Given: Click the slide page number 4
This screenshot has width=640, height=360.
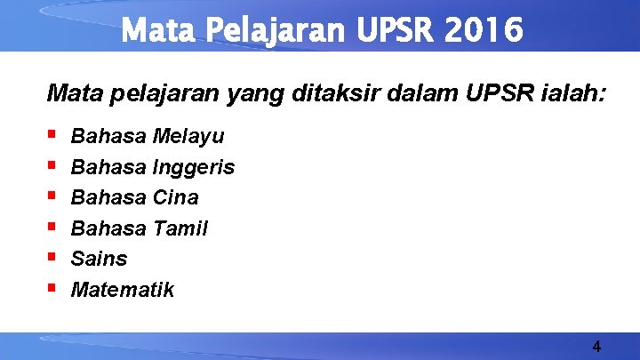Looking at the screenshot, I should click(596, 346).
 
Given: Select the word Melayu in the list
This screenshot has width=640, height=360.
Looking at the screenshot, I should click(188, 137).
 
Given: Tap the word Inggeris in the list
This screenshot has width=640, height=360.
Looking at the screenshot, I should click(194, 168).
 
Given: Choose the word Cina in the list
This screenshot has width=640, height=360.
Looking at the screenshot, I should click(176, 197).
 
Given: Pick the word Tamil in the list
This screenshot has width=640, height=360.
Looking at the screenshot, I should click(180, 228).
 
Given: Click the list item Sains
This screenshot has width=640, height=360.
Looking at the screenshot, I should click(99, 259).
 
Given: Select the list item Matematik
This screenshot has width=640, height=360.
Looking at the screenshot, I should click(123, 290).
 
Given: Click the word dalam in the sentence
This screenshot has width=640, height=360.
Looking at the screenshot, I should click(414, 92).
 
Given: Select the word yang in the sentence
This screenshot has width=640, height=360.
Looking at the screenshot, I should click(255, 92).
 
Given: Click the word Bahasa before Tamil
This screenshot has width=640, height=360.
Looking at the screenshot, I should click(108, 228).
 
